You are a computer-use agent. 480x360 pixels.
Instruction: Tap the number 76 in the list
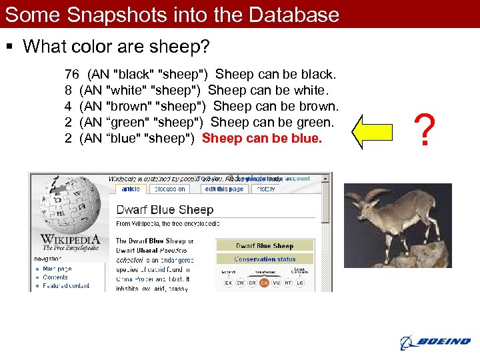click(x=72, y=74)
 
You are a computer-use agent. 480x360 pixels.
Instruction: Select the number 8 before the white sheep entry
click(x=68, y=90)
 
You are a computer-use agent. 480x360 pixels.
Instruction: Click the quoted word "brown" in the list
click(x=129, y=106)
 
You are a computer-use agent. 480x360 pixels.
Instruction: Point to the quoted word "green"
click(x=128, y=122)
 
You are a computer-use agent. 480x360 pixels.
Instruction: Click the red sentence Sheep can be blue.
click(x=261, y=138)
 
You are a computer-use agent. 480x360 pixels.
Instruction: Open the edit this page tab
click(x=224, y=189)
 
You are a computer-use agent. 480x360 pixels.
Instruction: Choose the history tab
click(x=265, y=189)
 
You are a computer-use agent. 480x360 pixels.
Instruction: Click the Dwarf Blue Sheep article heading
click(x=165, y=210)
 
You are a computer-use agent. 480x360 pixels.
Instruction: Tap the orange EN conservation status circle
click(x=263, y=283)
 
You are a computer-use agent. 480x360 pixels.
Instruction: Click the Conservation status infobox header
click(x=265, y=259)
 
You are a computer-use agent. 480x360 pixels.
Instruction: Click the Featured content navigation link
click(x=66, y=285)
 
